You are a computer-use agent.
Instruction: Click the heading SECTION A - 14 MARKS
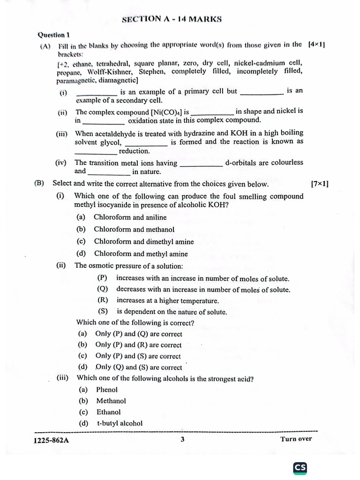tap(172, 19)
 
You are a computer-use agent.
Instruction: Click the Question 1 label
tap(54, 35)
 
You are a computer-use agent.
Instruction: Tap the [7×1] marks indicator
tap(319, 184)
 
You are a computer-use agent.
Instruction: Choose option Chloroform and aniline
tap(130, 217)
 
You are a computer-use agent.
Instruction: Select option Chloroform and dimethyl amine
tap(143, 242)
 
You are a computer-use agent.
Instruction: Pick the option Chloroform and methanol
tap(134, 230)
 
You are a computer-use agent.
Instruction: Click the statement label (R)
tap(103, 300)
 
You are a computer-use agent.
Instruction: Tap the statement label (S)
tap(103, 312)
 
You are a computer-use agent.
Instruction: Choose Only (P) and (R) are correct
tap(138, 345)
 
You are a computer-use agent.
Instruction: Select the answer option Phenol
tap(107, 390)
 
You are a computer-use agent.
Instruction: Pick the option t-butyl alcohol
tap(120, 423)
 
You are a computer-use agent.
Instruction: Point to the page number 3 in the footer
tap(182, 440)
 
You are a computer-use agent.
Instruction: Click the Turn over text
tap(296, 439)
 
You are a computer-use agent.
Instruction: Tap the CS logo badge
tap(300, 467)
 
